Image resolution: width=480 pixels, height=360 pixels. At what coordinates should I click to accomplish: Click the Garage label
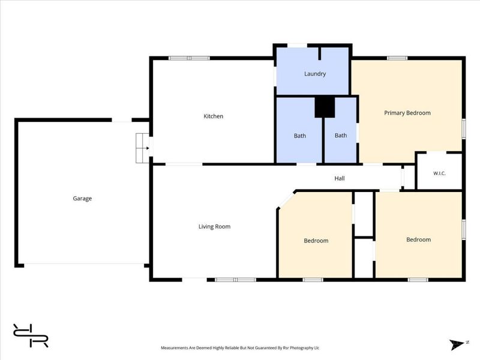pos(82,199)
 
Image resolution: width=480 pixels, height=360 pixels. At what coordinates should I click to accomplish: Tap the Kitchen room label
pos(214,116)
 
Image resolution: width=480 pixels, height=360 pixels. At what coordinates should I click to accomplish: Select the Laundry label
pos(315,74)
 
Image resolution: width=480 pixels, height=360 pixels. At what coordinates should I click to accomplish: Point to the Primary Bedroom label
pos(407,113)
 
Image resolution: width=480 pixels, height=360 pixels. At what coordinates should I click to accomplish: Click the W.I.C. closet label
pos(439,173)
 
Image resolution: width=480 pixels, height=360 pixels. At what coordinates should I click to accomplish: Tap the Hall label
pos(340,178)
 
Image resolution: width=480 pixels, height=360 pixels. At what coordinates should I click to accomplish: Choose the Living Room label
pos(214,227)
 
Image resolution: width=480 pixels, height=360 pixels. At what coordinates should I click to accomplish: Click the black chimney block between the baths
pos(325,107)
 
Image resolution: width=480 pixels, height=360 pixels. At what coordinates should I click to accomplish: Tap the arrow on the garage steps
pos(147,148)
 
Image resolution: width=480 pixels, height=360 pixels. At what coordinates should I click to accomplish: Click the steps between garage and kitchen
pos(142,148)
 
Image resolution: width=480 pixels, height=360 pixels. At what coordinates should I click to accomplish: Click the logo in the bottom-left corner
pos(31,335)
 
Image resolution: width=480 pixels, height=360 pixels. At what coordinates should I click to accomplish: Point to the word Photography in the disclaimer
pos(301,348)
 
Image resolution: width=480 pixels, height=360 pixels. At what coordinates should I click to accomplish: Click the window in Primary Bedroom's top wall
pos(397,58)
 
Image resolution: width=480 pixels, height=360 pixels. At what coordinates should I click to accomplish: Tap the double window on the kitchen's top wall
pos(189,58)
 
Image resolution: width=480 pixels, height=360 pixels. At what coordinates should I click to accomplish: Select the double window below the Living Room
pos(235,280)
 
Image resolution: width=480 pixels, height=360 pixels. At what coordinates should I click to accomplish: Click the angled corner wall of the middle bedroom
pos(286,199)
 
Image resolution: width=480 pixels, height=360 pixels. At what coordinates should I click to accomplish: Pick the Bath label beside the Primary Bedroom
pos(341,136)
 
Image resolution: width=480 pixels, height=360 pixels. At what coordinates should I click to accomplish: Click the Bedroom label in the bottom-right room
pos(418,239)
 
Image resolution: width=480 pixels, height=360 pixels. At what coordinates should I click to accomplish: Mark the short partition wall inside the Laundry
pos(320,53)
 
